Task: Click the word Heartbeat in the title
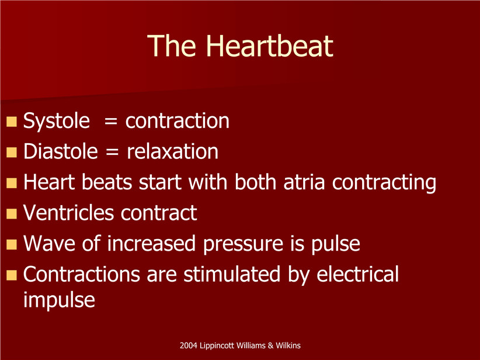269,46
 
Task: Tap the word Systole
57,122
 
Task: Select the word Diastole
61,151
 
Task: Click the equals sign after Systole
110,122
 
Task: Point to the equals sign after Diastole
112,153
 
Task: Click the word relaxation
172,151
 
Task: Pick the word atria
304,182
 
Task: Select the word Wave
49,243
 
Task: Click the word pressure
243,245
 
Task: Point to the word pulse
336,244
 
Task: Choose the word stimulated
232,274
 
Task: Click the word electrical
357,274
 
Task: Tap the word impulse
59,300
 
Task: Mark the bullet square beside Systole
12,122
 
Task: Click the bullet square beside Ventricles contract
12,213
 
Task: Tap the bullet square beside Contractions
12,275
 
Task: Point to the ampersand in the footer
270,345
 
